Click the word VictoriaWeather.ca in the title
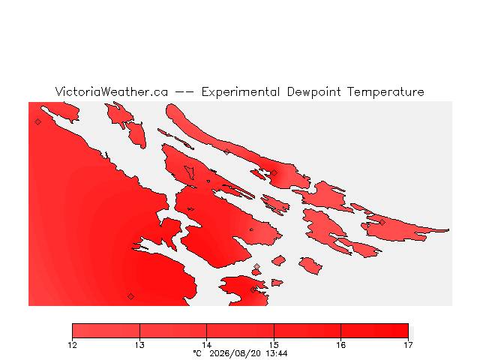(112, 91)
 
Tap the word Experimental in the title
(241, 92)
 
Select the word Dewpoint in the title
(313, 92)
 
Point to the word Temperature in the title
(385, 92)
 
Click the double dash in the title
(184, 91)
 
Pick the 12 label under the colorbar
(72, 345)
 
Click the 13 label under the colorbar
(139, 345)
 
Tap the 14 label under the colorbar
(207, 345)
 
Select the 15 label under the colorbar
(274, 345)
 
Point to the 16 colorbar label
(341, 345)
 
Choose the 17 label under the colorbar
(408, 345)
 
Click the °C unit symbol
(197, 353)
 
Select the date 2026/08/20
(235, 353)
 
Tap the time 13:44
(276, 353)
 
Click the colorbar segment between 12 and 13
(106, 331)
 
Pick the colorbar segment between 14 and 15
(240, 331)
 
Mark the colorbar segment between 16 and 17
(374, 331)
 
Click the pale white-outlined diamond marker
(256, 267)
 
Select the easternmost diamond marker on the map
(382, 222)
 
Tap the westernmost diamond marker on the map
(37, 121)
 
